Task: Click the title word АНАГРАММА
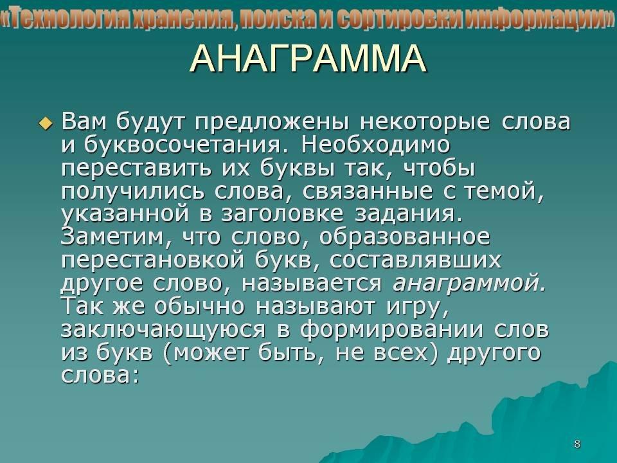pyautogui.click(x=308, y=59)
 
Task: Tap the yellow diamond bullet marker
pyautogui.click(x=46, y=123)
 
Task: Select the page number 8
pyautogui.click(x=577, y=444)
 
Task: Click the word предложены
pyautogui.click(x=272, y=122)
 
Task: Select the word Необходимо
pyautogui.click(x=376, y=145)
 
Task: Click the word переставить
pyautogui.click(x=136, y=168)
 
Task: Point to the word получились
pyautogui.click(x=133, y=192)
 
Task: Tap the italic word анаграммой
pyautogui.click(x=469, y=284)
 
